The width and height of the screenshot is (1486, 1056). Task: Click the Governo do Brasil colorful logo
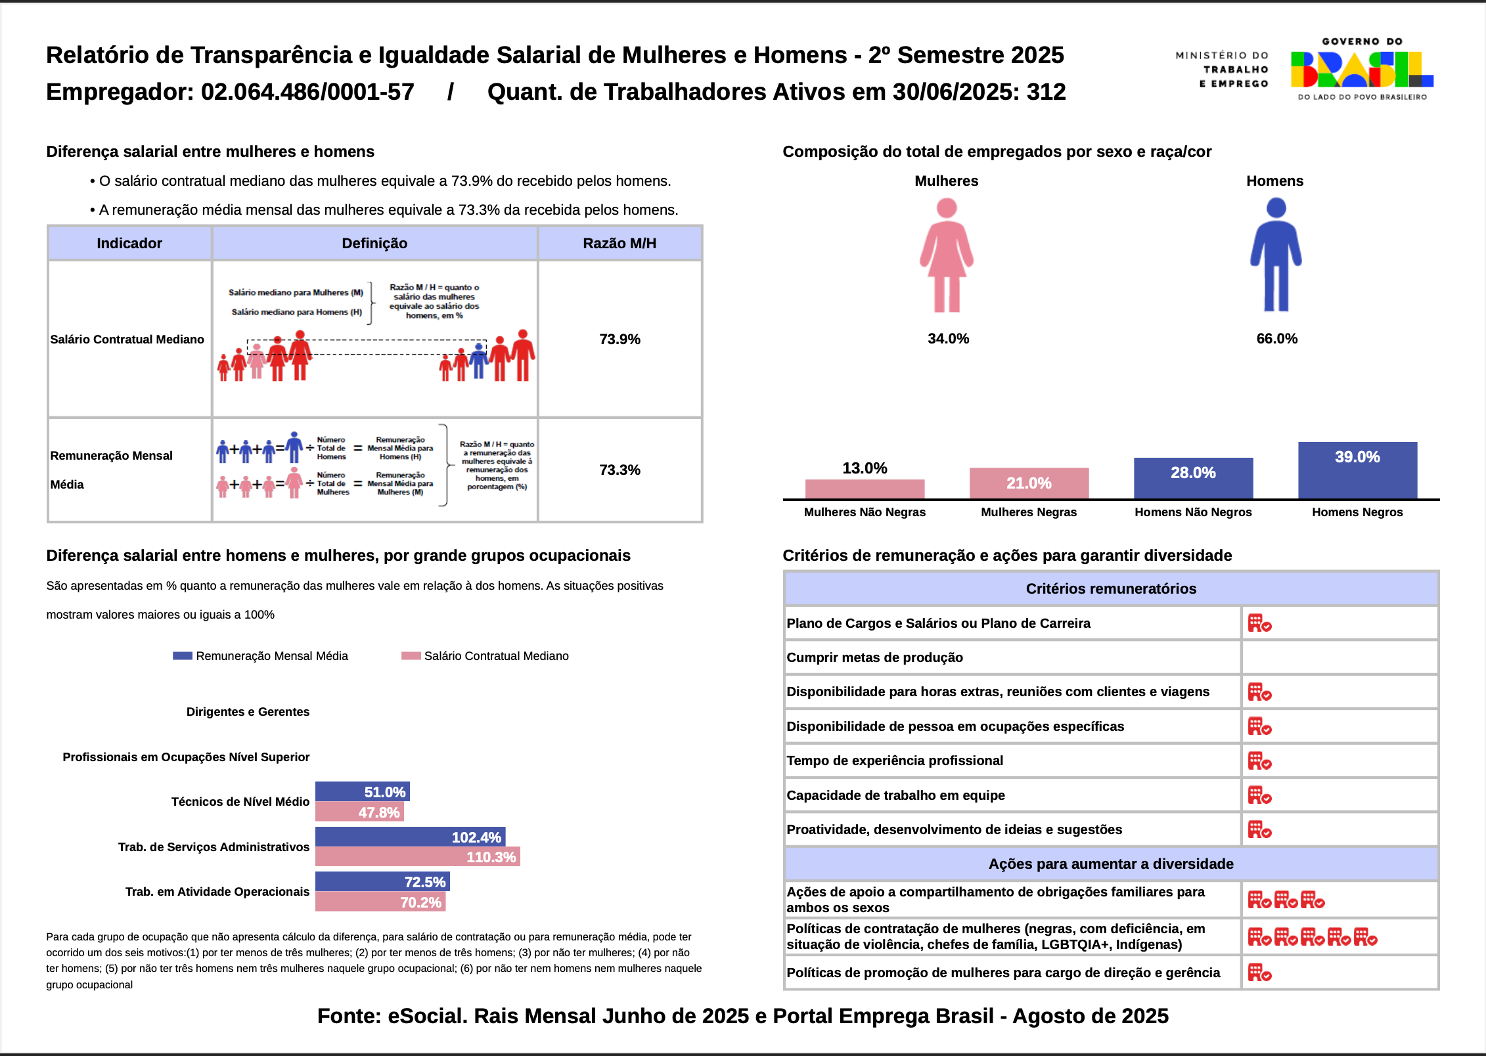(x=1361, y=70)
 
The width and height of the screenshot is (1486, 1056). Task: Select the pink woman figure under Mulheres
(x=946, y=256)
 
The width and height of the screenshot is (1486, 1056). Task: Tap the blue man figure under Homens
(x=1276, y=256)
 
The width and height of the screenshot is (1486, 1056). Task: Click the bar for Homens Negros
(x=1357, y=471)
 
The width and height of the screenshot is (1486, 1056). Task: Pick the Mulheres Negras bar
(x=1029, y=483)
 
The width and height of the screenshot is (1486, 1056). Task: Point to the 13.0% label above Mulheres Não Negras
(x=865, y=468)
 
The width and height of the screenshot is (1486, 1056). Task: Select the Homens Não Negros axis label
(x=1193, y=512)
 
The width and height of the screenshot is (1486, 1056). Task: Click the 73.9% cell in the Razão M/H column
(x=619, y=339)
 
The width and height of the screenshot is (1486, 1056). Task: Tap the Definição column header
(x=374, y=244)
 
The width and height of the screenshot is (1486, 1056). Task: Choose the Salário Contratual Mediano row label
(x=127, y=340)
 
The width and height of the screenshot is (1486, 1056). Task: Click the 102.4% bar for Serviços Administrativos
(x=410, y=837)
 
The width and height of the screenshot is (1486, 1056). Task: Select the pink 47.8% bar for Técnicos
(x=359, y=812)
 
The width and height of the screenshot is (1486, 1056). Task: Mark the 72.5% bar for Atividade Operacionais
(x=382, y=882)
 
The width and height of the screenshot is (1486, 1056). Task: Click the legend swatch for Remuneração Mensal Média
(x=183, y=656)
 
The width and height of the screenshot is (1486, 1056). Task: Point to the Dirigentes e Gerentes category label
(x=248, y=712)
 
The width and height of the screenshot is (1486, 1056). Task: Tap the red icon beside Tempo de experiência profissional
(x=1259, y=761)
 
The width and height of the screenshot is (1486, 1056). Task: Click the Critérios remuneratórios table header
(x=1111, y=589)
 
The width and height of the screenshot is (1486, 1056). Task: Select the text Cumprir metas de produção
(x=874, y=658)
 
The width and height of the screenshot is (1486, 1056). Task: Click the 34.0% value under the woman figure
(x=948, y=339)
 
